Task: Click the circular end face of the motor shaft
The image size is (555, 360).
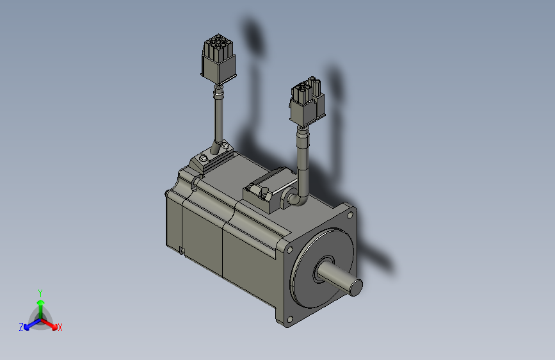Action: pos(356,286)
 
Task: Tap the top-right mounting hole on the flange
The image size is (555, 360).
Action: pos(350,215)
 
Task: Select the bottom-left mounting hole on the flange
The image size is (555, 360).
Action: pos(290,320)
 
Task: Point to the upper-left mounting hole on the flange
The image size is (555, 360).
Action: pos(290,250)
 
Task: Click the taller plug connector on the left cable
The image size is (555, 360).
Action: pos(218,58)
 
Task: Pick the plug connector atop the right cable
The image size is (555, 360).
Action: pos(307,101)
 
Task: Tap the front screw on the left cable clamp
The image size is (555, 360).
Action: pos(203,158)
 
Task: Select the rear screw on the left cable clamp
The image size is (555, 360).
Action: pos(225,144)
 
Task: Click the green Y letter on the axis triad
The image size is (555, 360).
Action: pos(40,293)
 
